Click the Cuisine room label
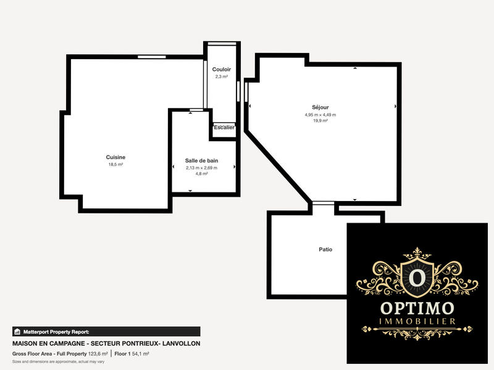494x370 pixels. (115, 157)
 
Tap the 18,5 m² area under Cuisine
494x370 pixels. (115, 165)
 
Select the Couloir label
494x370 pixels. (222, 69)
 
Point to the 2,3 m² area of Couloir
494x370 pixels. (222, 77)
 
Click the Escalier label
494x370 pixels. (224, 128)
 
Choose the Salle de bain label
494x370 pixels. (201, 160)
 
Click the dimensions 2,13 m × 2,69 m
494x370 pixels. (201, 167)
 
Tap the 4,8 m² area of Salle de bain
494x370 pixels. (201, 174)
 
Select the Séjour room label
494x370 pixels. (320, 107)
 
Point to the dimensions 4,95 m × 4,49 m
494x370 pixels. (320, 115)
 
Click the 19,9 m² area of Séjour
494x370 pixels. (320, 121)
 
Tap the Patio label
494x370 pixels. (325, 250)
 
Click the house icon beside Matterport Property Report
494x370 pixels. (17, 331)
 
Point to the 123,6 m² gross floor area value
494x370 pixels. (98, 354)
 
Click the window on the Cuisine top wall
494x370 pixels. (151, 57)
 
